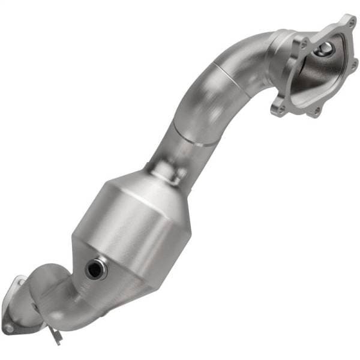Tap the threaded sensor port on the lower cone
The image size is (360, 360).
point(94,269)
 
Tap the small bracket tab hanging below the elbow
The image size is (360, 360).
point(56,337)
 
